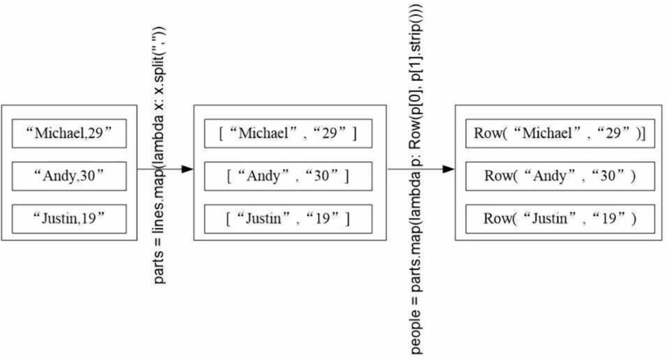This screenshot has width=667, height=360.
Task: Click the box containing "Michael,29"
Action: [x=70, y=134]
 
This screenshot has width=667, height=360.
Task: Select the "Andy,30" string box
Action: [x=70, y=176]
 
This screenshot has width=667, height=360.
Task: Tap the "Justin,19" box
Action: [x=70, y=218]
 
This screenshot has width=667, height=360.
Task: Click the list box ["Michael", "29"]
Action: [x=288, y=134]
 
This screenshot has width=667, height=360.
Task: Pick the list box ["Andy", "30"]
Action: [x=288, y=176]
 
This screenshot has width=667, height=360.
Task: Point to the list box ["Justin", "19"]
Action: [x=288, y=218]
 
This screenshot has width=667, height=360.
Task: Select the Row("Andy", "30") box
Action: [x=560, y=176]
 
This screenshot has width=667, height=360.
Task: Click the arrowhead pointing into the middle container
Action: [x=187, y=169]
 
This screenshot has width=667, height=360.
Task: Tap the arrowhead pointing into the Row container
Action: [x=448, y=169]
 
